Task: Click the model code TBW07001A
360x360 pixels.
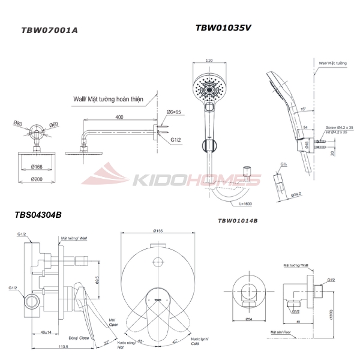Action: (49, 29)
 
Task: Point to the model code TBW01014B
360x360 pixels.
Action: (238, 221)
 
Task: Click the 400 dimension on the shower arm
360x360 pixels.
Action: (119, 116)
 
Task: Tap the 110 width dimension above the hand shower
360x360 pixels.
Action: (209, 61)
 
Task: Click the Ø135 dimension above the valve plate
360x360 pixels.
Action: (159, 231)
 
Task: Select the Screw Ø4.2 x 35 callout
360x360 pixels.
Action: (339, 128)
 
